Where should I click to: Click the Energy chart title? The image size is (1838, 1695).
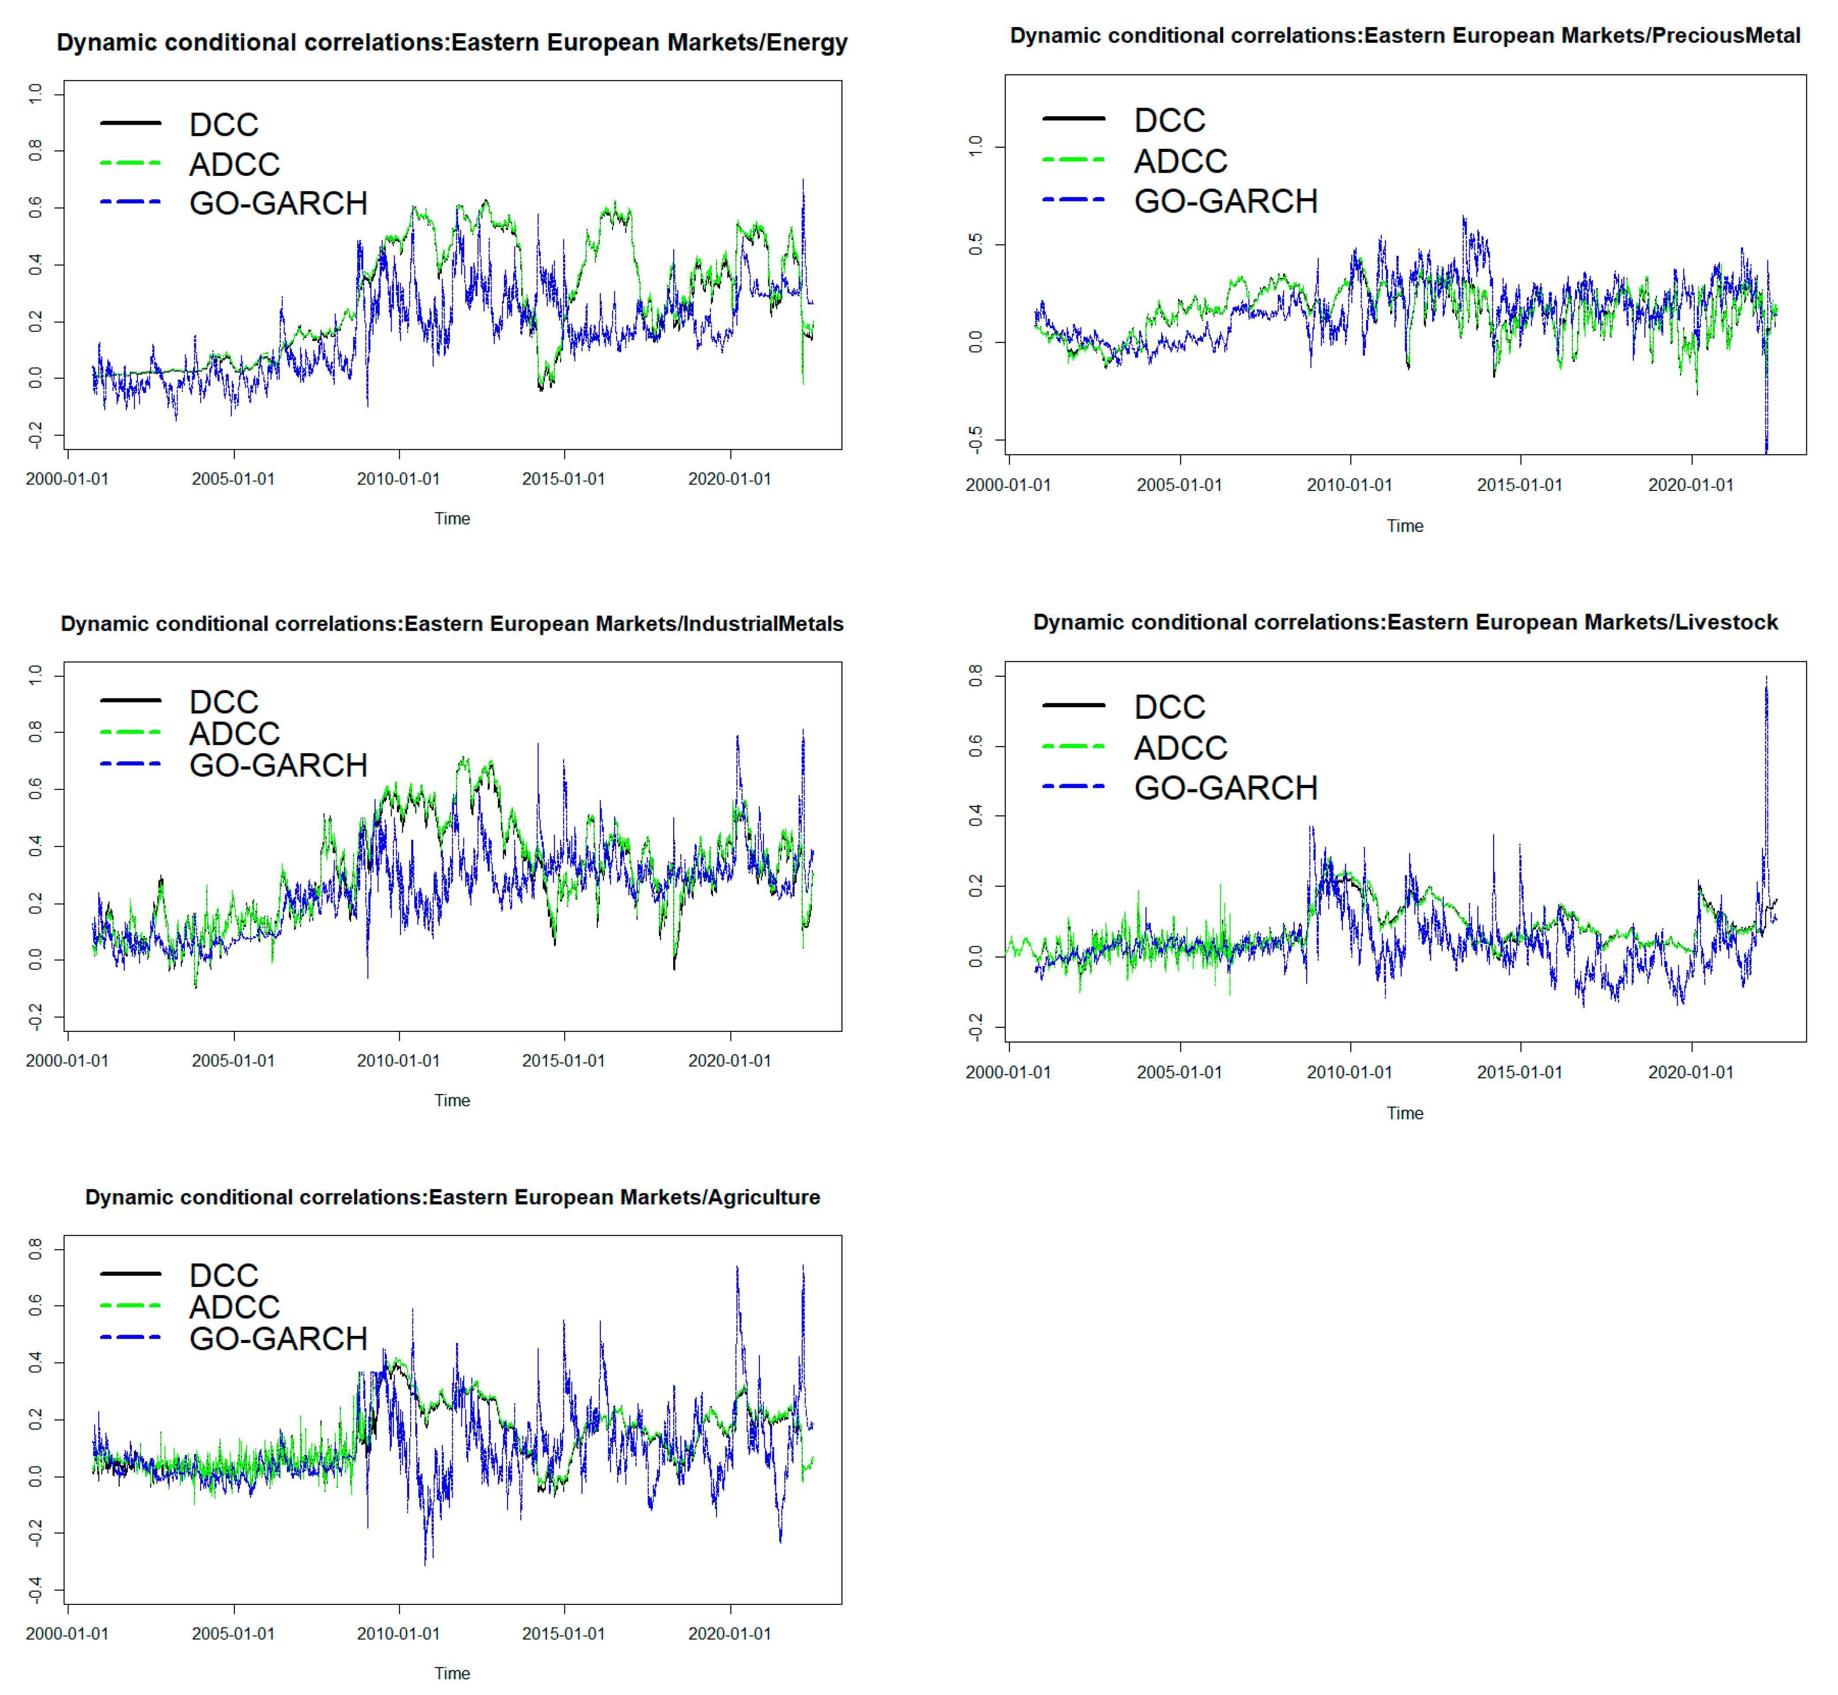pyautogui.click(x=451, y=43)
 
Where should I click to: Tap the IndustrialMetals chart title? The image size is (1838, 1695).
pyautogui.click(x=451, y=624)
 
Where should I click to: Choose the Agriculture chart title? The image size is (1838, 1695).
pyautogui.click(x=451, y=1197)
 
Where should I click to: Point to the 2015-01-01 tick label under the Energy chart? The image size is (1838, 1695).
pyautogui.click(x=564, y=479)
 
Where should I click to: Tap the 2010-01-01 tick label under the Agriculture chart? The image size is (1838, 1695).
pyautogui.click(x=398, y=1634)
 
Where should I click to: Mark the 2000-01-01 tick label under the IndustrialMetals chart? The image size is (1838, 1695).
pyautogui.click(x=67, y=1060)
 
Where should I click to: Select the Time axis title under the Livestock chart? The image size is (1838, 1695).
pyautogui.click(x=1404, y=1113)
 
